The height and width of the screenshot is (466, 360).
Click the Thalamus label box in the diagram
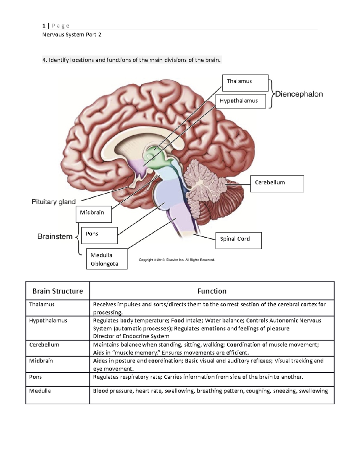click(x=245, y=83)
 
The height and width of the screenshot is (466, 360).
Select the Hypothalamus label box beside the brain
click(x=241, y=101)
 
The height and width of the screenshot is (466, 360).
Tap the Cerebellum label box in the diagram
click(x=277, y=184)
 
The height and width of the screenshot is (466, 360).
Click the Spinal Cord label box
click(x=238, y=240)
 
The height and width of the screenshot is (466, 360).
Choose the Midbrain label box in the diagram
click(x=94, y=214)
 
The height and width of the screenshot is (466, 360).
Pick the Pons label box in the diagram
click(x=99, y=235)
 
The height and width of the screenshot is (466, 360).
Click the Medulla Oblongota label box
click(x=107, y=259)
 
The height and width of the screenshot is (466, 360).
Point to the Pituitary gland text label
click(x=54, y=202)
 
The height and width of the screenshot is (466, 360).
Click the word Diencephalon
click(x=299, y=94)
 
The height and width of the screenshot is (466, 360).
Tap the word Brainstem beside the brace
click(x=55, y=236)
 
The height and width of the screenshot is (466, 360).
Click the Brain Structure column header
click(x=58, y=291)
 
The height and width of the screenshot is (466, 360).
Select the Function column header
click(x=212, y=291)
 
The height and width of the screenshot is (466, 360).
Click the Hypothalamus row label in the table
click(x=48, y=320)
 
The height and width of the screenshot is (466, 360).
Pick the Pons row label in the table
click(x=35, y=377)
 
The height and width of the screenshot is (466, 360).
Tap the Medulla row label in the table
click(x=40, y=391)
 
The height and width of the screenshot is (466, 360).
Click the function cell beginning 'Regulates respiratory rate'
click(x=198, y=377)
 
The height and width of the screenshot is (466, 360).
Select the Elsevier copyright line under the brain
click(x=177, y=260)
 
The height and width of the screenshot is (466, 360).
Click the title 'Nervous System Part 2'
click(x=72, y=35)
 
